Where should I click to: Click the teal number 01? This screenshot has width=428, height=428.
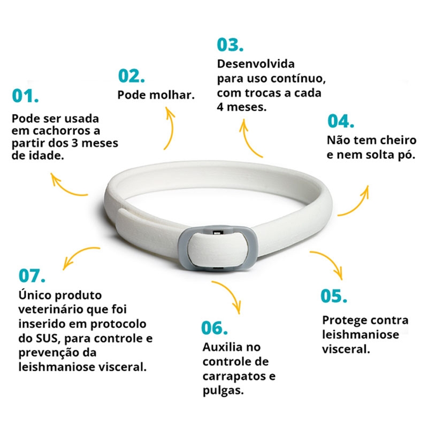(25, 96)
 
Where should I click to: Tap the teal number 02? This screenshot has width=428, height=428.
(131, 76)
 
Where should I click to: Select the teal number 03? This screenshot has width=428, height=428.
(230, 45)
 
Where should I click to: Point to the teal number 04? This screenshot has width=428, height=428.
(341, 121)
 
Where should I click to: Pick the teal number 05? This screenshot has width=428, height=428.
(333, 296)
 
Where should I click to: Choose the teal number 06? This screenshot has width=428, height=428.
(215, 328)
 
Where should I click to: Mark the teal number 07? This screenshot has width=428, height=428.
(32, 276)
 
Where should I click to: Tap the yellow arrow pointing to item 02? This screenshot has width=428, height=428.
(172, 128)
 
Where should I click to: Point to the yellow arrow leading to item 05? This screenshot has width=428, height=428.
(331, 259)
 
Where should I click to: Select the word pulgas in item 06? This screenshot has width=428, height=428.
(223, 391)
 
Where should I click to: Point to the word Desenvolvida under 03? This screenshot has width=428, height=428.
(256, 64)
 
